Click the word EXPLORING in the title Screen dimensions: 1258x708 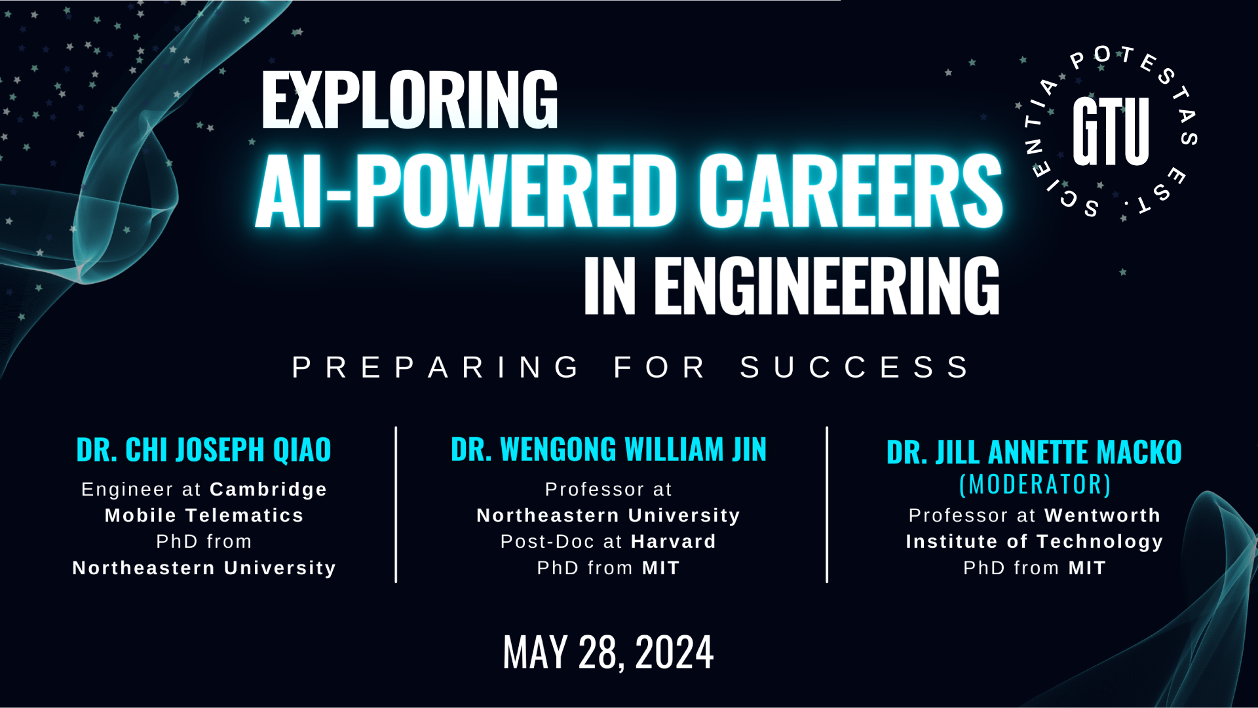click(410, 100)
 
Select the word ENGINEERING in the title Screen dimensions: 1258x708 click(826, 285)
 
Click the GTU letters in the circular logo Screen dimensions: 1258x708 click(1111, 131)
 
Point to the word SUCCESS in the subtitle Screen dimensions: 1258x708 click(855, 367)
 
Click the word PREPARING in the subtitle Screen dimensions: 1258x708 click(435, 367)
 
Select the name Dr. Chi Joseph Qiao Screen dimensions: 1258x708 click(204, 450)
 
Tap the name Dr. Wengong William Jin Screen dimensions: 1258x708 click(609, 450)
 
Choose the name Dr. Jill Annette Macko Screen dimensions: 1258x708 click(1034, 452)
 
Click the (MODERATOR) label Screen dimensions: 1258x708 click(1035, 484)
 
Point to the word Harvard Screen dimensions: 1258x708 click(674, 541)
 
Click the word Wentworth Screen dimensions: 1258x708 click(1103, 515)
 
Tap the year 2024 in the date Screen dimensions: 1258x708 click(674, 652)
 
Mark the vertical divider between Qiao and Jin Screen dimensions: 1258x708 click(396, 504)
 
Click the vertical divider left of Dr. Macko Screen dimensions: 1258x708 click(827, 504)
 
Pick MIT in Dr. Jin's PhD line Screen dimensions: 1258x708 click(661, 568)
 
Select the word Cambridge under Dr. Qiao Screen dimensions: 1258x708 click(269, 490)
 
